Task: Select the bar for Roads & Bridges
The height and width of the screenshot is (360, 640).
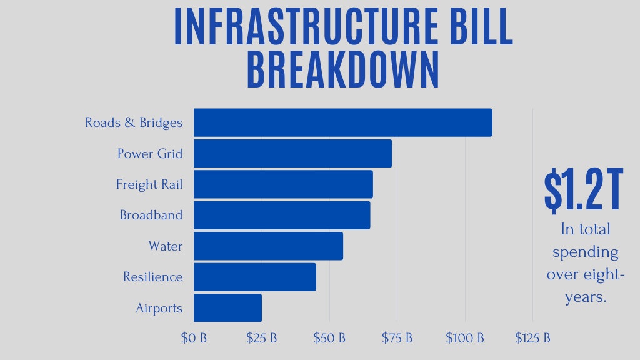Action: (x=342, y=122)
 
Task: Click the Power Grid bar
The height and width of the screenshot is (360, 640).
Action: (x=292, y=153)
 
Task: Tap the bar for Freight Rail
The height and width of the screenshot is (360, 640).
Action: (x=283, y=184)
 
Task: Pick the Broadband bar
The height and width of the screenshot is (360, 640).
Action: (x=282, y=215)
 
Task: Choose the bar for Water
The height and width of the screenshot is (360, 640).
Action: (x=268, y=246)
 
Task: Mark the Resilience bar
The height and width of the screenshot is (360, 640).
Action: (x=254, y=277)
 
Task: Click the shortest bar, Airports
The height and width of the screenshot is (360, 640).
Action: (x=227, y=307)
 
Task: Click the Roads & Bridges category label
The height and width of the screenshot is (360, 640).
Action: (x=134, y=122)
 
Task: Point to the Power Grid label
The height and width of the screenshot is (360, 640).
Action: (x=150, y=153)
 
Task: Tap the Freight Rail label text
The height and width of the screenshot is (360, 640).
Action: (x=149, y=184)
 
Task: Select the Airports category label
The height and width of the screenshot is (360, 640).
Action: (x=159, y=308)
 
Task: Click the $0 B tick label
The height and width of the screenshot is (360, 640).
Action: (x=194, y=338)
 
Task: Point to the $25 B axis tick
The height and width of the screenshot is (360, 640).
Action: (x=261, y=338)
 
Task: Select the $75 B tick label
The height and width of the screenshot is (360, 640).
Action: (x=397, y=338)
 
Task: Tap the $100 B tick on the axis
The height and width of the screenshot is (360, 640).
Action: (x=465, y=338)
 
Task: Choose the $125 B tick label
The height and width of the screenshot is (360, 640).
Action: (x=532, y=338)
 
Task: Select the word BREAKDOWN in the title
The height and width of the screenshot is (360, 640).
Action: (x=343, y=70)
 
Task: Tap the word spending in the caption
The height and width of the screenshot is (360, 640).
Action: (x=585, y=252)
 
